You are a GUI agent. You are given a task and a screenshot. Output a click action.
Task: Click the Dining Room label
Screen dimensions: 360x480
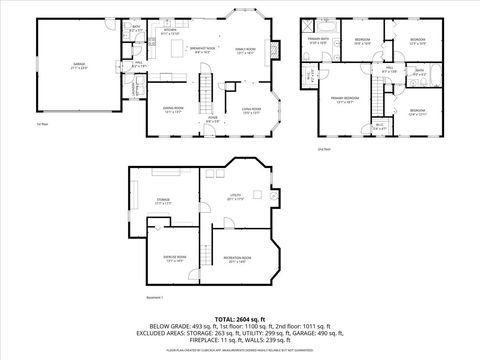[173, 111]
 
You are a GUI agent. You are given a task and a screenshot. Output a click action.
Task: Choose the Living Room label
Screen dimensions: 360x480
[250, 110]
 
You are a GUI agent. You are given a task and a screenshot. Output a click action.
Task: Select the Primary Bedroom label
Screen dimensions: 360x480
[345, 100]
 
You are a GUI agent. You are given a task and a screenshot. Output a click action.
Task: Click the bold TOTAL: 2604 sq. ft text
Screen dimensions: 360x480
[238, 318]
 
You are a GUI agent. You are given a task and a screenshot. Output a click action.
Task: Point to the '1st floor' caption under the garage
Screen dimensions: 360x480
[42, 125]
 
